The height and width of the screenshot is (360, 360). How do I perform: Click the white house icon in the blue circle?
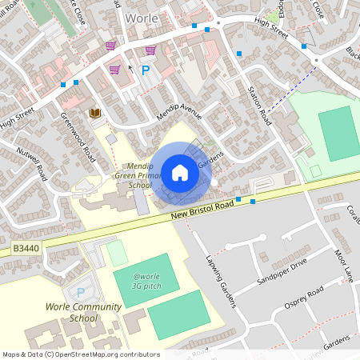(x=180, y=172)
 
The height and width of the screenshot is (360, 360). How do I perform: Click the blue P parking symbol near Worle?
(x=146, y=70)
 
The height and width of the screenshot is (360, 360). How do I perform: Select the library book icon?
(x=94, y=113)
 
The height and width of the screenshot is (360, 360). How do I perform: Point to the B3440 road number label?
(x=26, y=250)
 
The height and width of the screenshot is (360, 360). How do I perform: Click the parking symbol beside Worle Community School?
(x=80, y=293)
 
